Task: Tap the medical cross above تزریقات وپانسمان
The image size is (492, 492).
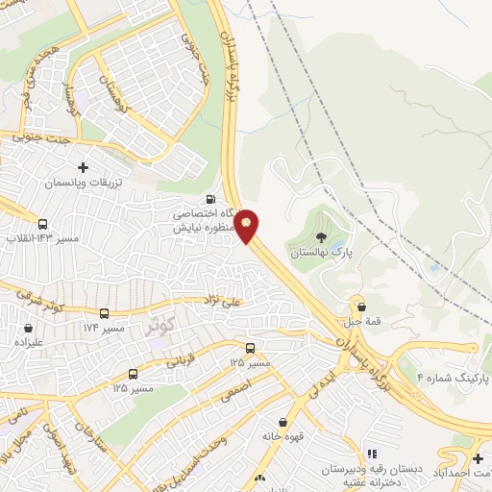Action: click(x=83, y=167)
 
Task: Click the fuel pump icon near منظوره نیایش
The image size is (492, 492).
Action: click(x=210, y=200)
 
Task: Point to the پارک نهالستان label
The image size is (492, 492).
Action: click(x=319, y=253)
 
